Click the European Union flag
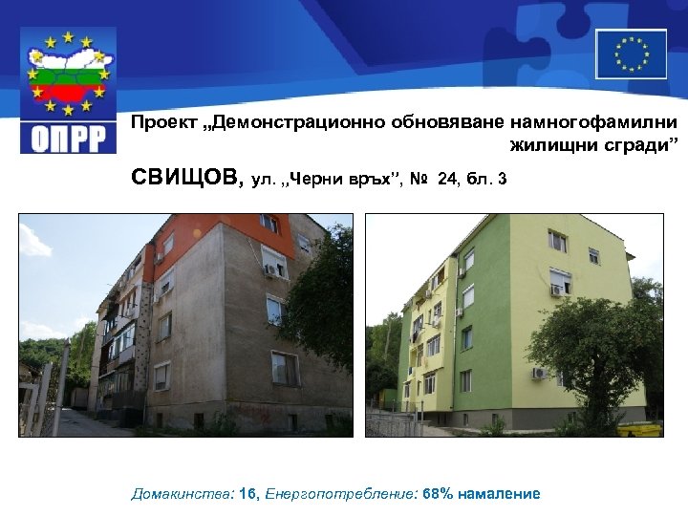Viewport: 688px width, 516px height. pyautogui.click(x=631, y=54)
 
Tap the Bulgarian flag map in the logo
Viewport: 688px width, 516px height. pyautogui.click(x=68, y=76)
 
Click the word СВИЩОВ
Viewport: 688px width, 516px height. pyautogui.click(x=187, y=178)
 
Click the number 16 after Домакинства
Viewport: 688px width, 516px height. pyautogui.click(x=245, y=494)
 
